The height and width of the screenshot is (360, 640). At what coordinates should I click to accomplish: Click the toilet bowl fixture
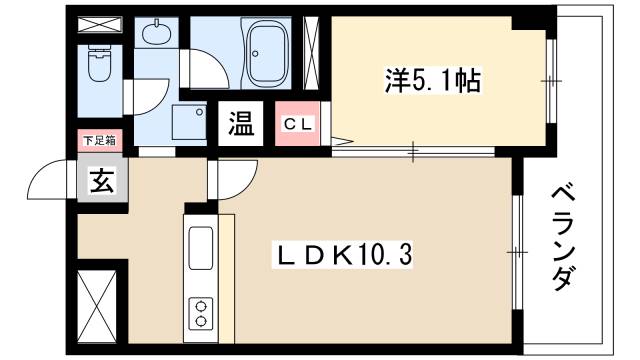[x=100, y=66]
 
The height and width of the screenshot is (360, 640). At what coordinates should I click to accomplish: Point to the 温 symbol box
[x=241, y=125]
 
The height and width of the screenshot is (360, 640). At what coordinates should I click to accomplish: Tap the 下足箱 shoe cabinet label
[x=98, y=142]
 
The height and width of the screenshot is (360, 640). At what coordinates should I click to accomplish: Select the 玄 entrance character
[x=99, y=182]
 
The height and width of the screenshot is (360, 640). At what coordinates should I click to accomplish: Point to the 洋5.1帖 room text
[x=434, y=80]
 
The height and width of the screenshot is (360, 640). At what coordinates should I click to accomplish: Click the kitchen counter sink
[x=199, y=247]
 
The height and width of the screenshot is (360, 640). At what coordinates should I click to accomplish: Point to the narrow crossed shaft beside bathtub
[x=311, y=50]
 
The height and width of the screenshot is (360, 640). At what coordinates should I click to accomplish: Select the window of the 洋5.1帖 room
[x=549, y=79]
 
